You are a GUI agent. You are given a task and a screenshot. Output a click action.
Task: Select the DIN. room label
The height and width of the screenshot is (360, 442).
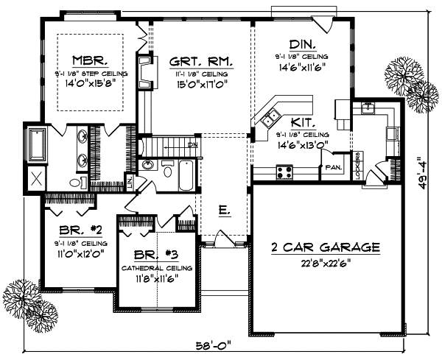[x=298, y=43]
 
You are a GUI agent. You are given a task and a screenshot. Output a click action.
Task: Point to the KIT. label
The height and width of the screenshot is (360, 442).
[x=303, y=123]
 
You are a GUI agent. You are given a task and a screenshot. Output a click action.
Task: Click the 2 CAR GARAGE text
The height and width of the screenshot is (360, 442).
[x=325, y=247]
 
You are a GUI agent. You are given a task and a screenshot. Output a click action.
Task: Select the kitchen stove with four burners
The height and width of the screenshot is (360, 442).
[x=284, y=173]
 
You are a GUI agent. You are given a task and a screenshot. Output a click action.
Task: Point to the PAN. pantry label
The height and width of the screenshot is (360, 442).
[x=331, y=167]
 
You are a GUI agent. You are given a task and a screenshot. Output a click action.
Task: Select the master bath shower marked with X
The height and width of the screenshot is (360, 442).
[x=35, y=178]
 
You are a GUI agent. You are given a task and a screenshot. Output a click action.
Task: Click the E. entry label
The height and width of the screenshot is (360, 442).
[x=222, y=211]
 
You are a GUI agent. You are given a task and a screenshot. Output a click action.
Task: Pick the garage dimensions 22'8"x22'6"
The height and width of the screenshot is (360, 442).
[x=325, y=261]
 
